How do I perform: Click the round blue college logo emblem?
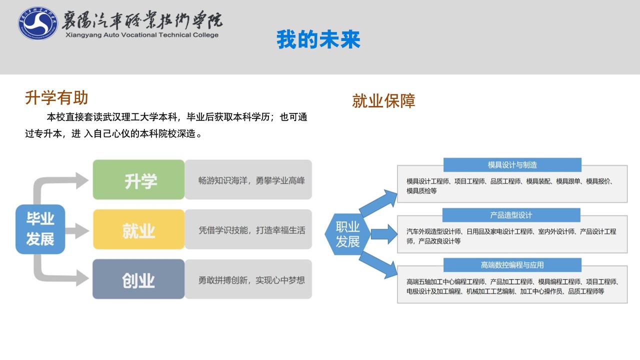point(37,23)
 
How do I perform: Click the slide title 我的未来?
point(318,39)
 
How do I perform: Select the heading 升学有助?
point(56,97)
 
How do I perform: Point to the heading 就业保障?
point(383,101)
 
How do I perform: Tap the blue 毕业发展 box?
point(40,229)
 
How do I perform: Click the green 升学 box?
point(138,179)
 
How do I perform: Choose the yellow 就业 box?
point(138,229)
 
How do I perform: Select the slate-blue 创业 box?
point(138,279)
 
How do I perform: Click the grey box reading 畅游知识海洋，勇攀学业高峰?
point(248,179)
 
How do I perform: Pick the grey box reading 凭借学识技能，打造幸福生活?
point(248,229)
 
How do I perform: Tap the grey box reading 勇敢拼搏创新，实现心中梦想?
point(248,279)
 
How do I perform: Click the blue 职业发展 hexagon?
point(347,234)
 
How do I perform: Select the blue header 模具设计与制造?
point(512,165)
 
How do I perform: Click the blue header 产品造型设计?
point(511,215)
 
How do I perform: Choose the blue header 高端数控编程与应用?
point(512,265)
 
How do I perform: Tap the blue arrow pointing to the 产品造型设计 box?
point(384,234)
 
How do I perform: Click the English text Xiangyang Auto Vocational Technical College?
point(142,35)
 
